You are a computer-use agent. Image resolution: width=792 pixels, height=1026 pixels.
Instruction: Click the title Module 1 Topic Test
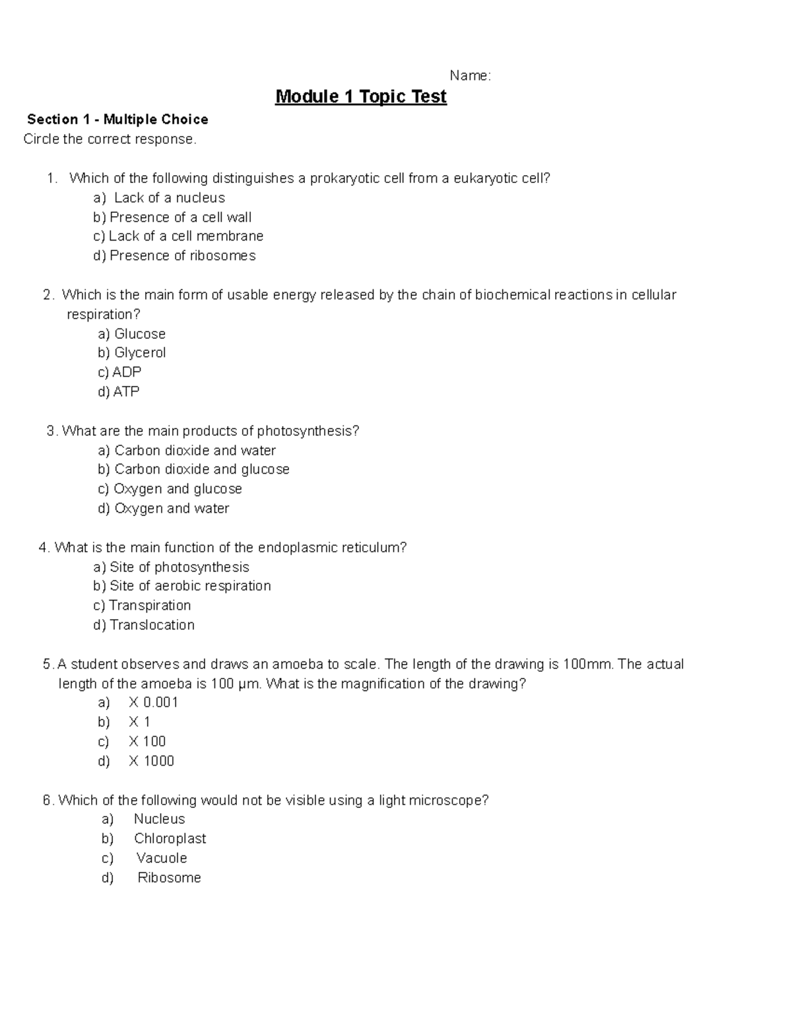361,97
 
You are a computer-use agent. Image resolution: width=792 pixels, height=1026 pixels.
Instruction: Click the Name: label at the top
470,76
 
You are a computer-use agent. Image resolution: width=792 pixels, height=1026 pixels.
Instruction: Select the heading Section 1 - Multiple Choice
117,120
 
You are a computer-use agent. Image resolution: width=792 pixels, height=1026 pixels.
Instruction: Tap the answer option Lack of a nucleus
169,198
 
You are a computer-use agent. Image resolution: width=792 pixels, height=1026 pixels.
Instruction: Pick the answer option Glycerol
140,353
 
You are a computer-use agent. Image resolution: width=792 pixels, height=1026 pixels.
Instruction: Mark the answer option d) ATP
119,392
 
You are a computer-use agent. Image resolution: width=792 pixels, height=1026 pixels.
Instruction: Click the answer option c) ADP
119,372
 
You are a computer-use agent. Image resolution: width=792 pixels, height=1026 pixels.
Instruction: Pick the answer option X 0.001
153,702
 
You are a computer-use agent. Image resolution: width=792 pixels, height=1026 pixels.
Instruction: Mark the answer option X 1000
151,761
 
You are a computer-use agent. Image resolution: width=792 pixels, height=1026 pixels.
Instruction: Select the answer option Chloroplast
170,838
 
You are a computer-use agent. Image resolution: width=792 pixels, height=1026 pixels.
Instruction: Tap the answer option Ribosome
169,878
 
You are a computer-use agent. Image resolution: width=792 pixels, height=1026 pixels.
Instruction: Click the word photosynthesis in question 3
308,431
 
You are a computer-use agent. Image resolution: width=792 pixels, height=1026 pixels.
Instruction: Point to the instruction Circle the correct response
110,139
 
